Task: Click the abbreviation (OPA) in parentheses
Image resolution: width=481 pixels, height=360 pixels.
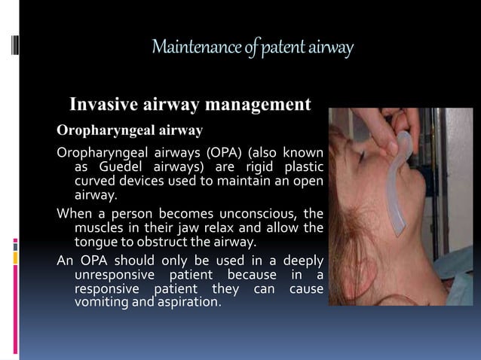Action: point(204,153)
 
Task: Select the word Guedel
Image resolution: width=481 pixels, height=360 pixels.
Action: point(123,166)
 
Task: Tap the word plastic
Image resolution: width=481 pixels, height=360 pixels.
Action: point(302,166)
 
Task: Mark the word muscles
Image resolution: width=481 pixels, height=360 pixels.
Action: point(100,228)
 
